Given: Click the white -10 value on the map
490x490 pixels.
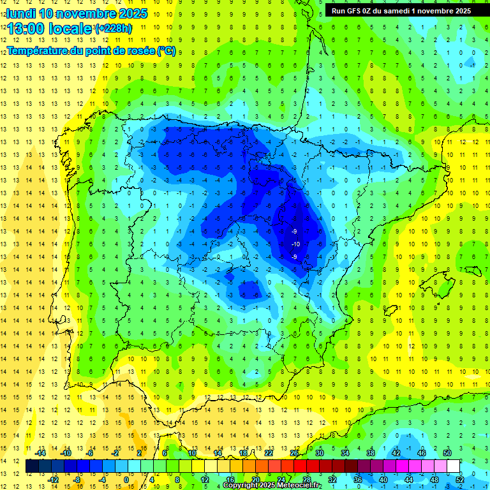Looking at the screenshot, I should point(295,244).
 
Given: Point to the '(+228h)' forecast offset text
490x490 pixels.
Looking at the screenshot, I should point(113,29).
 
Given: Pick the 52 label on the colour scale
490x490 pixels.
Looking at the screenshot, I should point(459,479).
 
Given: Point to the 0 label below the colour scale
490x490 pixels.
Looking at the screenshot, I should point(126,479).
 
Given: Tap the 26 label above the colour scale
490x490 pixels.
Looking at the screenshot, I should point(294,452).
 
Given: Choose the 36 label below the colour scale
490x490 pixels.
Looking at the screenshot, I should point(358,479).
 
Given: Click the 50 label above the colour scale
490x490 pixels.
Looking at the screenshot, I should point(447,452).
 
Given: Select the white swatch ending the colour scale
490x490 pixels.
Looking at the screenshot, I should point(454,466).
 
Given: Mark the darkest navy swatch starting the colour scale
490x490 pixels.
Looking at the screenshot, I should point(33,466).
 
